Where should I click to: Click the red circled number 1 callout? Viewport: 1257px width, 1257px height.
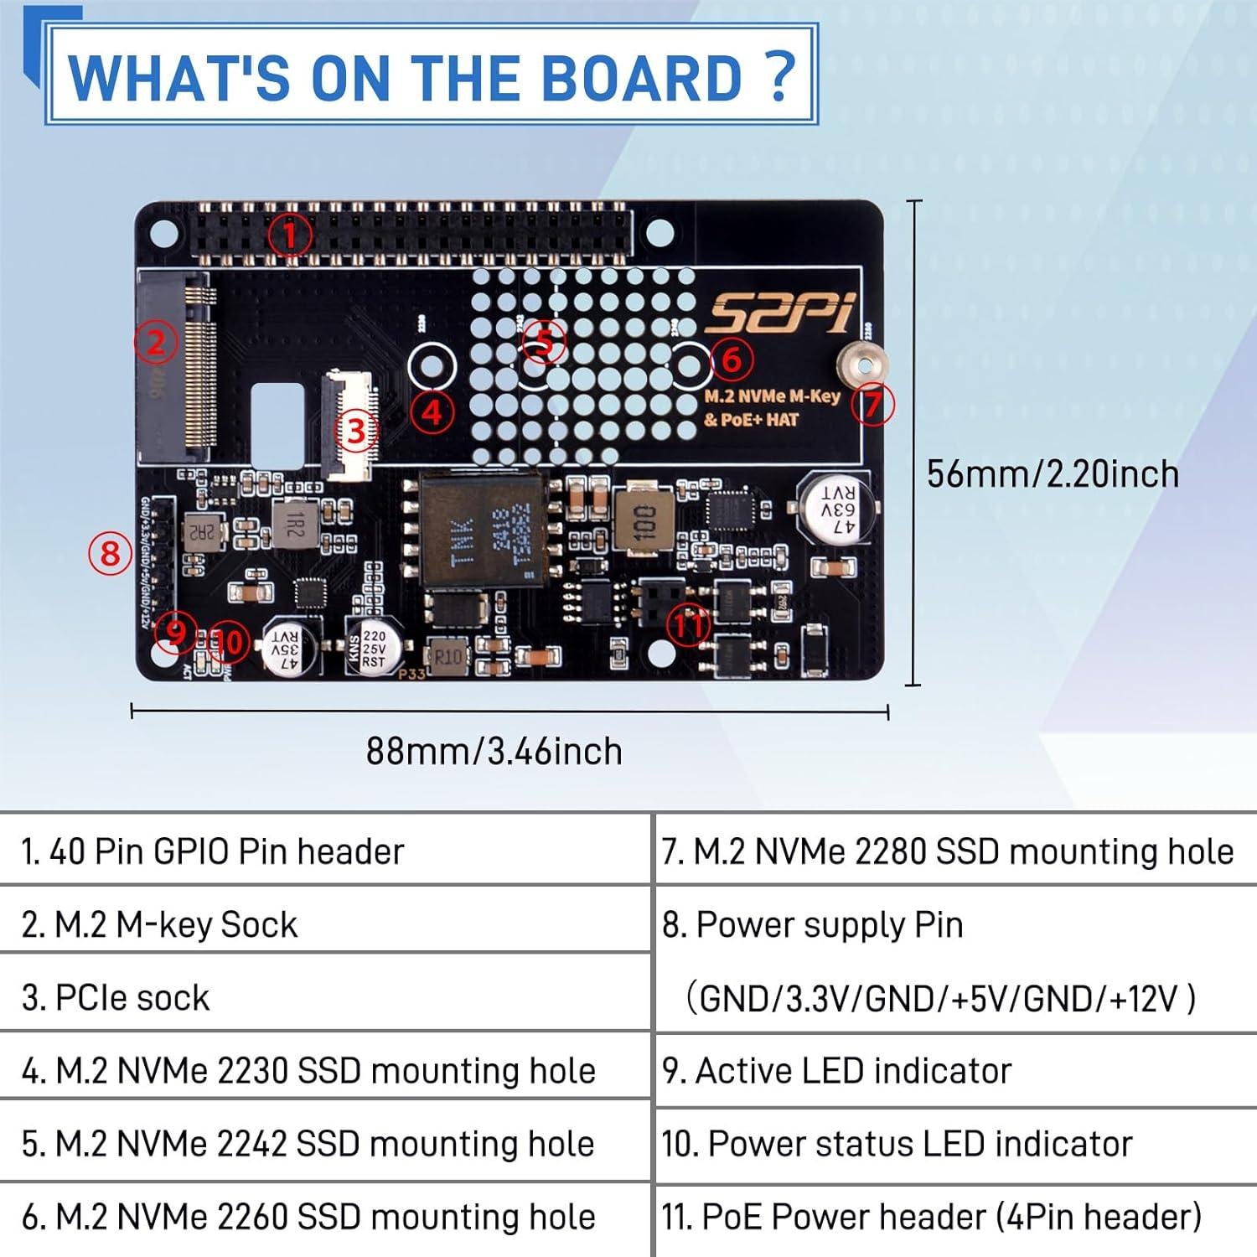(290, 234)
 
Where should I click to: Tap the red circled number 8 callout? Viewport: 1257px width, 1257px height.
(111, 554)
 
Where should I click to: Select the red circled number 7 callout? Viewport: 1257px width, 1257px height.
(872, 405)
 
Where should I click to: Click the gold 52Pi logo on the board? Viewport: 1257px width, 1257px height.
(779, 311)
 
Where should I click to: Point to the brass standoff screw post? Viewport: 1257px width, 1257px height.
(862, 365)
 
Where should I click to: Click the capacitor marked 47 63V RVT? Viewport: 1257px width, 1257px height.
(837, 510)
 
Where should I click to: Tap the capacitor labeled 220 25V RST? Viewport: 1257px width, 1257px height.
(375, 647)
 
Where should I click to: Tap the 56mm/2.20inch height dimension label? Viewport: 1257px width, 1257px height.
(1053, 474)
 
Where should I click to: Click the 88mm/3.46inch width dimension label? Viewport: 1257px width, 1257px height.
(494, 752)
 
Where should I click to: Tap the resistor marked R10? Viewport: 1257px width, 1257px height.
(449, 656)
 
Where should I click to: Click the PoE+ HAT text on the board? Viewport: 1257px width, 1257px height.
(752, 420)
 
